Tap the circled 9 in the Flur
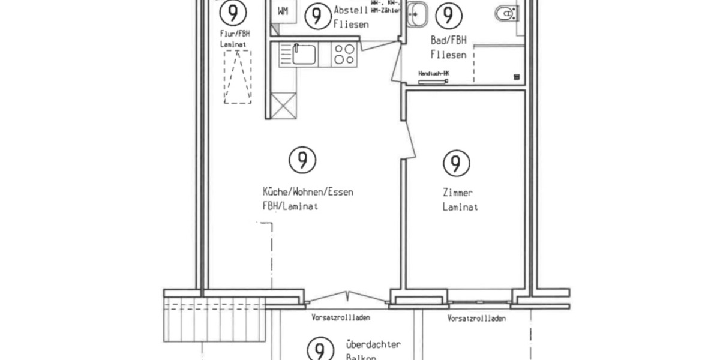click(x=232, y=12)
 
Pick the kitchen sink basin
click(x=304, y=55)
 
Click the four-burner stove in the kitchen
click(x=344, y=55)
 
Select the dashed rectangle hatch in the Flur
click(x=238, y=77)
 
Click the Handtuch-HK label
click(x=434, y=74)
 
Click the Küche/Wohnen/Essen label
click(x=307, y=193)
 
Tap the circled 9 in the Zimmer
click(x=456, y=162)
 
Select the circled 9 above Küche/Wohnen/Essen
click(x=302, y=160)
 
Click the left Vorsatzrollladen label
click(x=340, y=318)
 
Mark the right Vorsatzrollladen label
click(x=476, y=319)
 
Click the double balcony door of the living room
click(x=347, y=297)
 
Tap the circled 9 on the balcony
click(x=320, y=349)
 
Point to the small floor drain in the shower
click(x=515, y=77)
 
